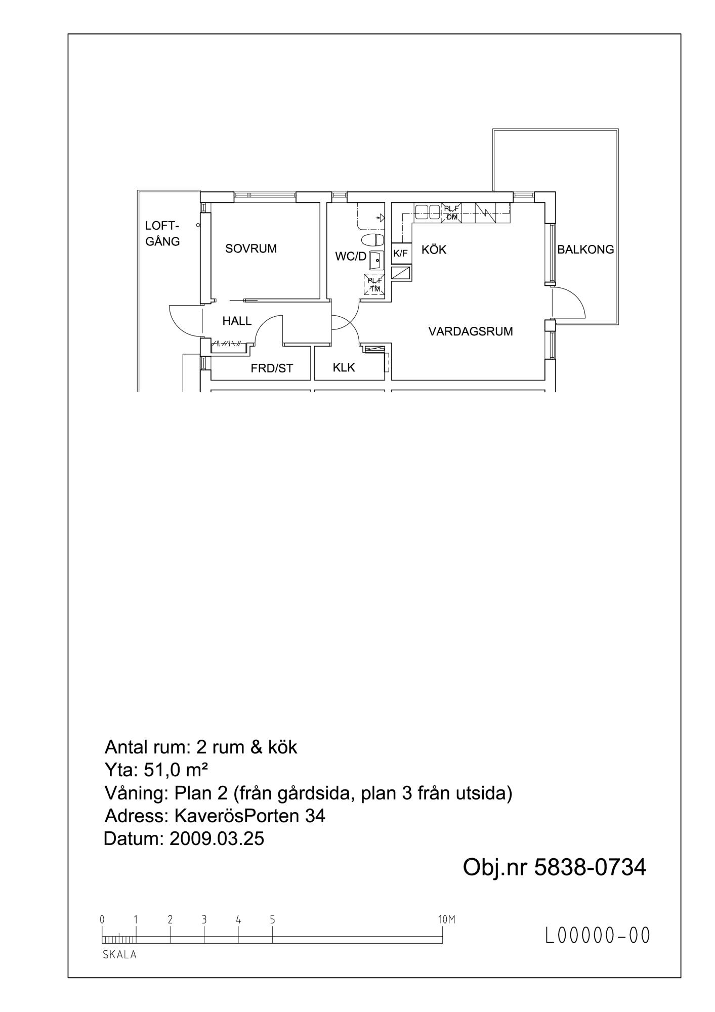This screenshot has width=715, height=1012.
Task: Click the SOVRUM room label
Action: point(251,249)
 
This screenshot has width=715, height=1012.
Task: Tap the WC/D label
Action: point(350,257)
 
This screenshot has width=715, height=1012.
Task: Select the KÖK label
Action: point(434,249)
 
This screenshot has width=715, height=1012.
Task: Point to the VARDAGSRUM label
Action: point(471,331)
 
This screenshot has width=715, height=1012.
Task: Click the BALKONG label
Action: point(585,249)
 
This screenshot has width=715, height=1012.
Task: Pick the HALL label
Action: point(237,321)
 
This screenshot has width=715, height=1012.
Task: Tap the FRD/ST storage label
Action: point(272,368)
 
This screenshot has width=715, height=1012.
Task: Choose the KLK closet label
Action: point(344,368)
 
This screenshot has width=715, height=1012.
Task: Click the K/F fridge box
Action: point(401,254)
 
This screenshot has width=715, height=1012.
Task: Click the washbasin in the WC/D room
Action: point(376,261)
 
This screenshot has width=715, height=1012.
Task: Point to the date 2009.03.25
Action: point(217,838)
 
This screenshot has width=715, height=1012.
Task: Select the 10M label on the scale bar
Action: point(447,919)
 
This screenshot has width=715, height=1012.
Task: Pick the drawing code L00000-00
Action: point(597,935)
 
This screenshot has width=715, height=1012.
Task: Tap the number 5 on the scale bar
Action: point(272,919)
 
